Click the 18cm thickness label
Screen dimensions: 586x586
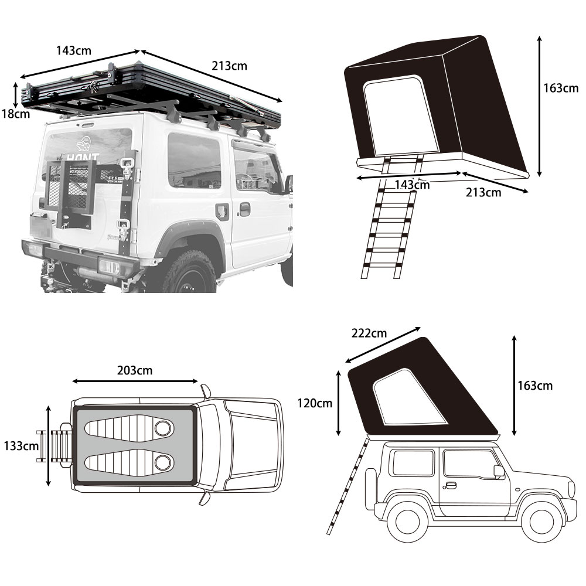pos(16,114)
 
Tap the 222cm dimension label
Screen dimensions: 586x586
pos(369,333)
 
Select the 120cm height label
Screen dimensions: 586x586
pos(314,403)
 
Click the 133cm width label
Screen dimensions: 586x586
pos(21,445)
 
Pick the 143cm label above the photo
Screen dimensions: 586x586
pos(74,50)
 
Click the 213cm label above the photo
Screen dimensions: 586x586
pos(229,66)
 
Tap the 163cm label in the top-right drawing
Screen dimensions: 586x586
pos(561,88)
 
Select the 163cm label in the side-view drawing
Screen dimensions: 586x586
pos(535,386)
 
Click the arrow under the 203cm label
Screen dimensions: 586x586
pos(135,381)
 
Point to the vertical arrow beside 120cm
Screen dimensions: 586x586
pos(339,403)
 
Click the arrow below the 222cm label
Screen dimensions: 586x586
pos(383,345)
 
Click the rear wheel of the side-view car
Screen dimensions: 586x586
pos(407,521)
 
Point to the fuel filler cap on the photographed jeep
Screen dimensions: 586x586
pos(223,212)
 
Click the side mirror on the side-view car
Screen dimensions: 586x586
pos(499,471)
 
